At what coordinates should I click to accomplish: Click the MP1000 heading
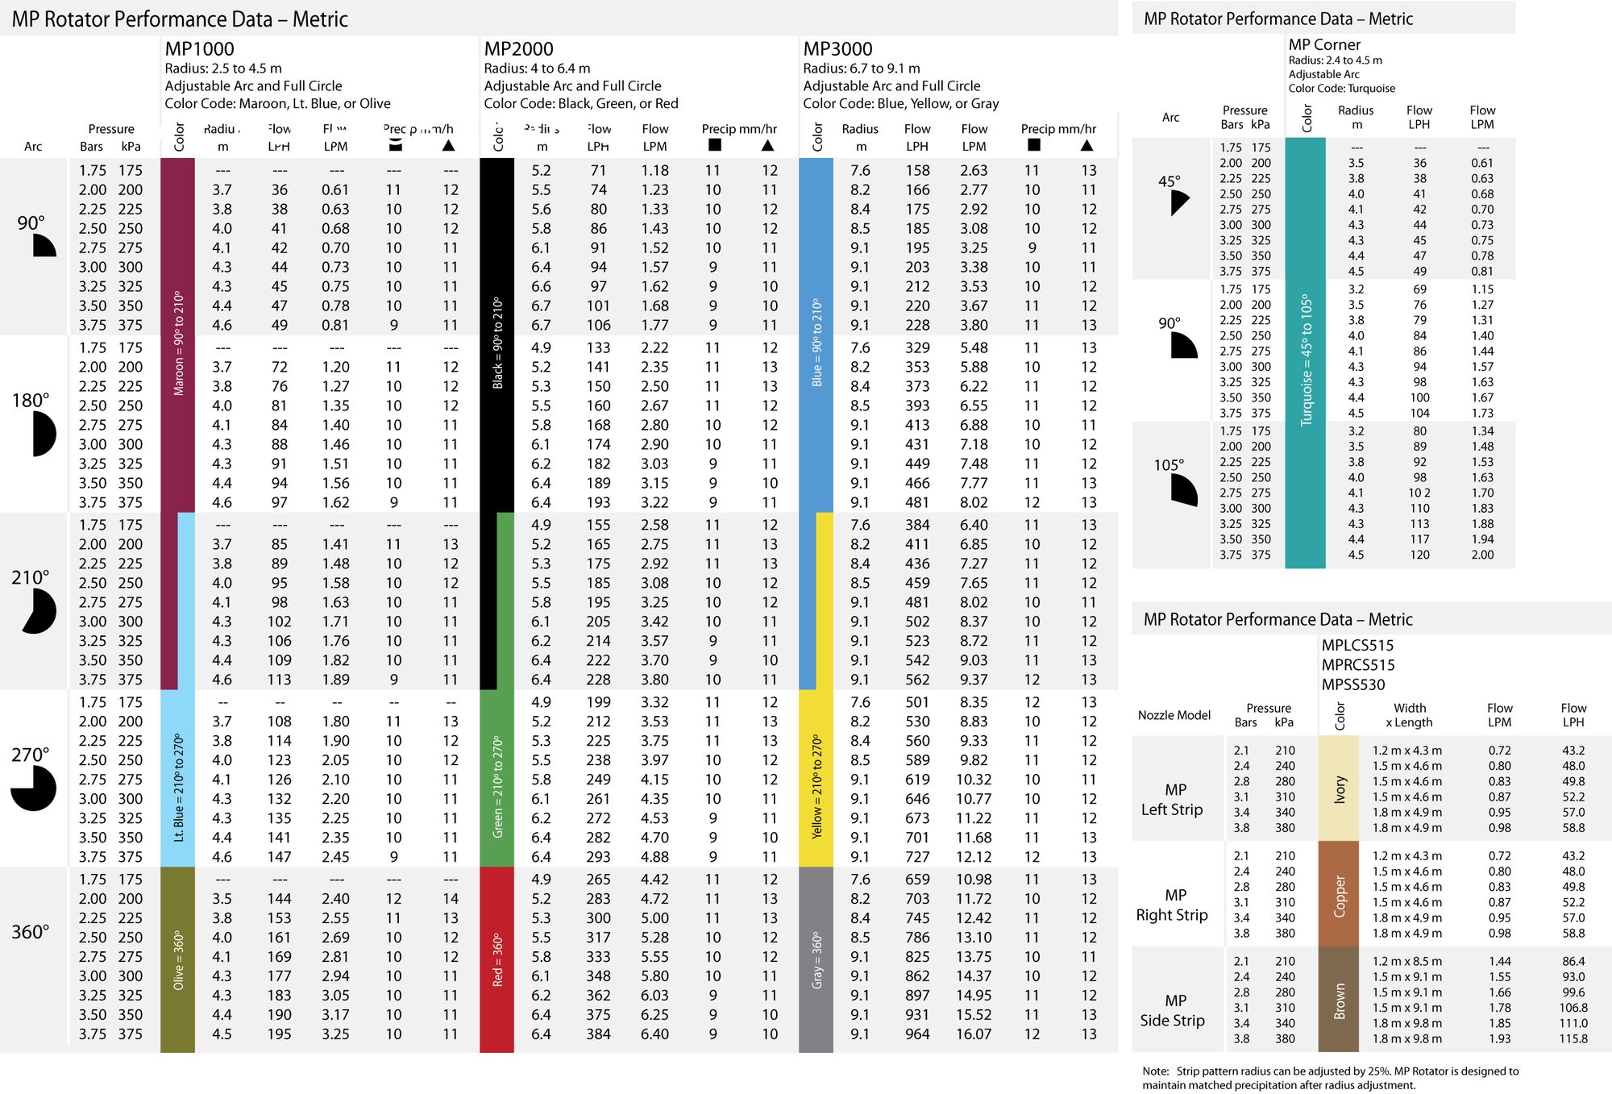[199, 49]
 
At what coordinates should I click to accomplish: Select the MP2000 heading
[518, 49]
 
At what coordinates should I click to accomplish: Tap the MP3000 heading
[837, 49]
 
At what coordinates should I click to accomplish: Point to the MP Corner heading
[1324, 45]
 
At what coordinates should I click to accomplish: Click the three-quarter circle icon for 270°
[33, 788]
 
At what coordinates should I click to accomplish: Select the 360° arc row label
[31, 932]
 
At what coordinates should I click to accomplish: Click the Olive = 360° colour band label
[178, 960]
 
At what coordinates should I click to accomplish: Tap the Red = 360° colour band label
[497, 960]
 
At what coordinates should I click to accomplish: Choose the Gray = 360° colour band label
[816, 960]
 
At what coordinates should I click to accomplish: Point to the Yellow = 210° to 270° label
[816, 786]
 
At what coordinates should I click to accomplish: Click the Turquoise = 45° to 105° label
[1306, 360]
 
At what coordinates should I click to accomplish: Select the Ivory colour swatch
[1339, 789]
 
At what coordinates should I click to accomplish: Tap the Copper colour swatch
[1339, 895]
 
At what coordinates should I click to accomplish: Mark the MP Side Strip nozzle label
[1173, 1010]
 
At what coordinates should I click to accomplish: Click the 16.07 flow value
[974, 1034]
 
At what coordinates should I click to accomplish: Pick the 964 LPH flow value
[917, 1034]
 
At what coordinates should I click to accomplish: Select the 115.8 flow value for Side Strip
[1573, 1039]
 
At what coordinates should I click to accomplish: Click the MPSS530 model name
[1352, 685]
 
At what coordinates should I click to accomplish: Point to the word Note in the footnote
[1155, 1071]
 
